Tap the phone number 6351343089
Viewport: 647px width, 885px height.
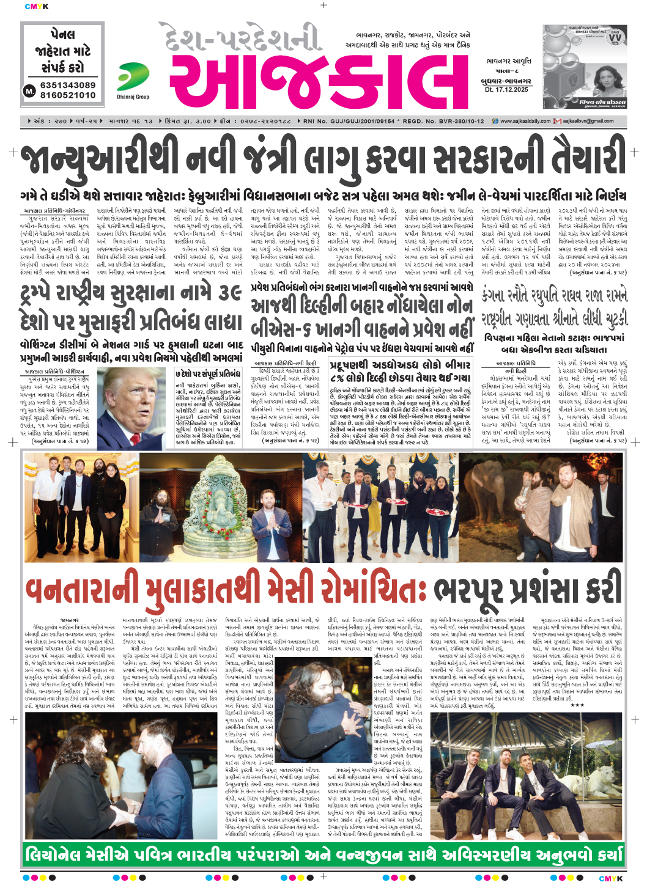pos(68,85)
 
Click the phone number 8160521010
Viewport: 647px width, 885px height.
pos(68,95)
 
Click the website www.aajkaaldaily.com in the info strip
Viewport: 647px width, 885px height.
pos(525,121)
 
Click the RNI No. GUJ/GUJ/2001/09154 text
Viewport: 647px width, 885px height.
pos(349,121)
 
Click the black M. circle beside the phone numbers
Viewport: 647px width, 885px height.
pos(29,90)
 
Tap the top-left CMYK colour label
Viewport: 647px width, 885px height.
pos(36,7)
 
